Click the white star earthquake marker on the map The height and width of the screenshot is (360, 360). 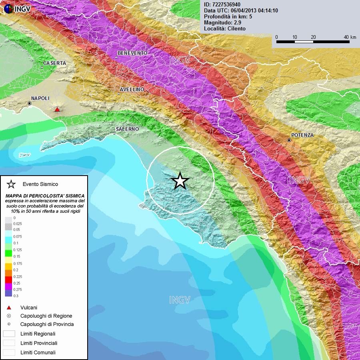(180, 181)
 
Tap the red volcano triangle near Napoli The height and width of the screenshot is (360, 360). (57, 109)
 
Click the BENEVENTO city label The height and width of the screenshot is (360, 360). (132, 53)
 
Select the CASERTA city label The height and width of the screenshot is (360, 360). (55, 63)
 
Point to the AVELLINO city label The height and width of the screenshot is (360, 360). (132, 89)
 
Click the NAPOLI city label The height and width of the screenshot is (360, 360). (40, 98)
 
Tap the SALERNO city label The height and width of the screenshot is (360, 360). (127, 129)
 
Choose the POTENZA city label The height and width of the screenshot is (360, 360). (302, 135)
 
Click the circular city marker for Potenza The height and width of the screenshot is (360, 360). (289, 140)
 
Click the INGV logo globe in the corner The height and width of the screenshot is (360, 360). (8, 8)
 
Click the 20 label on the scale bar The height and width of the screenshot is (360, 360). (313, 37)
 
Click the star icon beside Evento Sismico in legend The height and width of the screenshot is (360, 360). (11, 184)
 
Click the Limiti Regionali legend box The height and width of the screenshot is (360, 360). (9, 334)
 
